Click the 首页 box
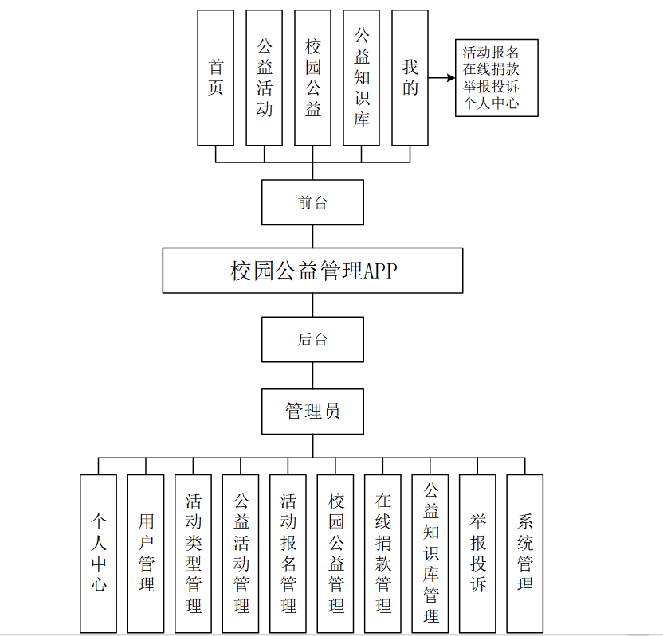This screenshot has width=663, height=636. pyautogui.click(x=215, y=78)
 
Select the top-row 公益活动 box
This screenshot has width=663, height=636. pyautogui.click(x=264, y=78)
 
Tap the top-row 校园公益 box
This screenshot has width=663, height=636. pyautogui.click(x=312, y=78)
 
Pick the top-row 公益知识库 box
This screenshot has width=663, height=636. pyautogui.click(x=361, y=78)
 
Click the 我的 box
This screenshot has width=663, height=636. pyautogui.click(x=410, y=78)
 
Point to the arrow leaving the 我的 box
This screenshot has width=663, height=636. pyautogui.click(x=441, y=78)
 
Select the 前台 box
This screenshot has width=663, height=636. pyautogui.click(x=312, y=202)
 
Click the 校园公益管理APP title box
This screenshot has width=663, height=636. pyautogui.click(x=312, y=271)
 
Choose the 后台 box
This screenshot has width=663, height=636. pyautogui.click(x=312, y=339)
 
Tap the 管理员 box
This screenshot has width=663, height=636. pyautogui.click(x=312, y=411)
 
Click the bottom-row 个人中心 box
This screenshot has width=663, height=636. pyautogui.click(x=98, y=553)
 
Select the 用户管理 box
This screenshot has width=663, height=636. pyautogui.click(x=146, y=553)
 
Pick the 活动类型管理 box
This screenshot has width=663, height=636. pyautogui.click(x=193, y=553)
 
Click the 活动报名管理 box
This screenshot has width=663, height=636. pyautogui.click(x=288, y=553)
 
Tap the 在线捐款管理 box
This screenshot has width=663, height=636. pyautogui.click(x=382, y=553)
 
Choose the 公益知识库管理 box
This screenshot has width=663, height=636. pyautogui.click(x=430, y=553)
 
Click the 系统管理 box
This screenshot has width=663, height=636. pyautogui.click(x=524, y=553)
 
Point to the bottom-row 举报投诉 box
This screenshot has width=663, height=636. pyautogui.click(x=477, y=553)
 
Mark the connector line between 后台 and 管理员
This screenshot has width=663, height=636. pyautogui.click(x=312, y=375)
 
